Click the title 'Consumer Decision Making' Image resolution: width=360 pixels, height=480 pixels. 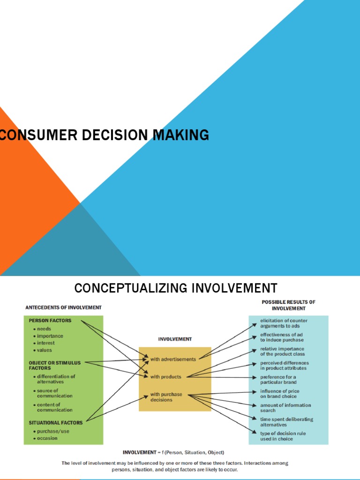(104, 135)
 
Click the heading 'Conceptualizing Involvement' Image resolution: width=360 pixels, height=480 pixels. (176, 288)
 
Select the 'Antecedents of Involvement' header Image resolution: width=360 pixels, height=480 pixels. (63, 307)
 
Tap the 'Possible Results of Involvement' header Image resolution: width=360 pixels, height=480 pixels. (288, 305)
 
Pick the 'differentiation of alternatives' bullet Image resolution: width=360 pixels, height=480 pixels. (56, 379)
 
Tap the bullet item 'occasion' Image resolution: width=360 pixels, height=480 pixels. (47, 438)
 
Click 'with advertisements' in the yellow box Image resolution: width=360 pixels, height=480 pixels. (173, 360)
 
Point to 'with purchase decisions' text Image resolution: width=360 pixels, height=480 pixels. (166, 397)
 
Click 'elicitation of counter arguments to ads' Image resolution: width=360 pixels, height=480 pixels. (284, 323)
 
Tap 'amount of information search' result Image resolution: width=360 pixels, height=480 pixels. (285, 408)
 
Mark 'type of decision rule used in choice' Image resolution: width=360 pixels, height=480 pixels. (283, 436)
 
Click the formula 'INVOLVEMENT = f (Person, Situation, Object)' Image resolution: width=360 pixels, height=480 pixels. (173, 452)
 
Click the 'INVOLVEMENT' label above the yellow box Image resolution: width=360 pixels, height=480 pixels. (174, 339)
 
